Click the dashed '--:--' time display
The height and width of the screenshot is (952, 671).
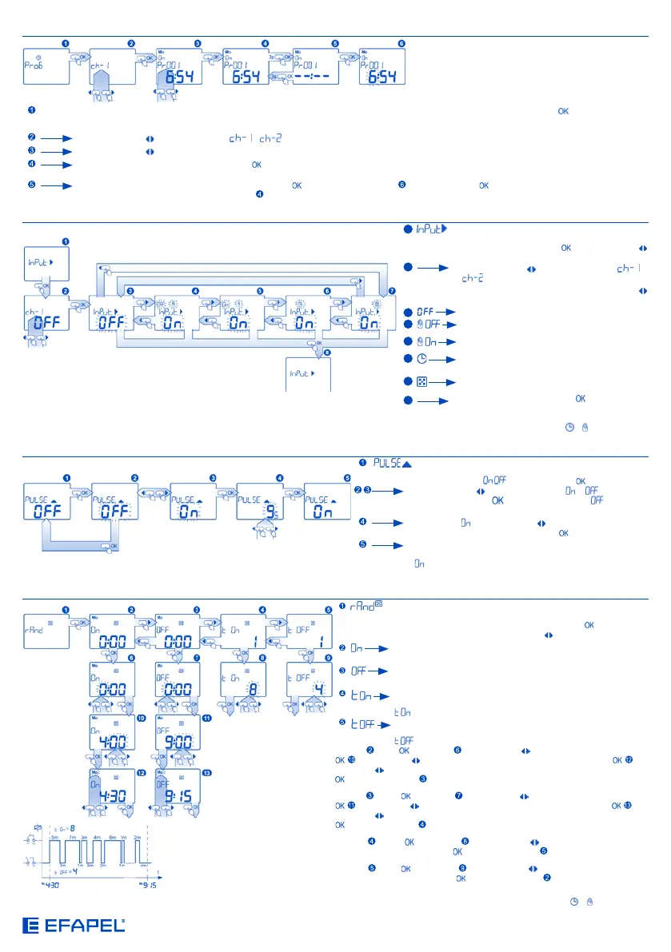coord(321,78)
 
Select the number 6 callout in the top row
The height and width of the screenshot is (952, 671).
coord(401,42)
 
